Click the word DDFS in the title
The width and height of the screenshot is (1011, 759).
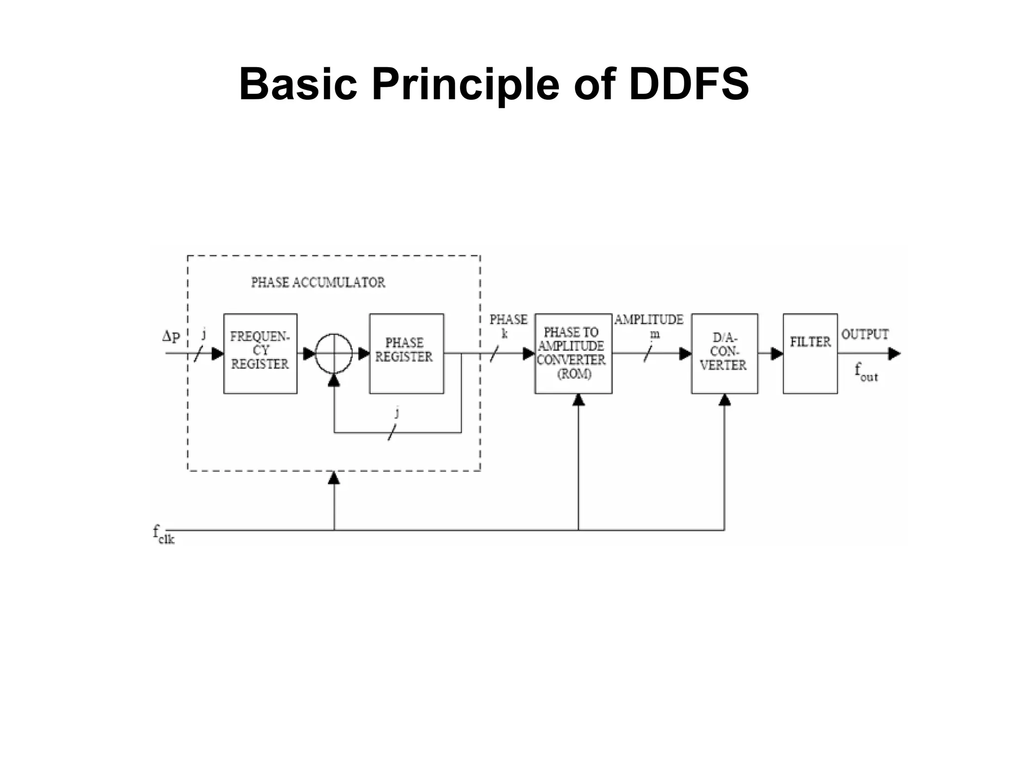[689, 84]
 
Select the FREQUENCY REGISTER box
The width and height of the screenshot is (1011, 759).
[260, 353]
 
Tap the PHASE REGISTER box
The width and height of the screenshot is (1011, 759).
[406, 353]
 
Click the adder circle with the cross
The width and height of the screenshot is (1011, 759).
[334, 353]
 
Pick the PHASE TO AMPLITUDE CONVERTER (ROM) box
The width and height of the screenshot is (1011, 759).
[573, 353]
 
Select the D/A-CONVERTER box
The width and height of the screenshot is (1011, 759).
[724, 353]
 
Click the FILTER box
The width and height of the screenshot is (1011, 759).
[810, 353]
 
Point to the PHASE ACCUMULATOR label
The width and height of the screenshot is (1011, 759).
[318, 282]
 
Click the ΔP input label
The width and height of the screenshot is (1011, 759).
[171, 337]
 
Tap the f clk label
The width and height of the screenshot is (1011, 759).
[163, 535]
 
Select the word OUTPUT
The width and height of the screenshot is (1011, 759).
[865, 335]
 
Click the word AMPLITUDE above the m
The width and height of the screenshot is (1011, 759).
[649, 320]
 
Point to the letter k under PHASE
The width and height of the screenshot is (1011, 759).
[505, 334]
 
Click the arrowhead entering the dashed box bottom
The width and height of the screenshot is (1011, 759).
[334, 478]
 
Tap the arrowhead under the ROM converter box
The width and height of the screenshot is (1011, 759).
[579, 400]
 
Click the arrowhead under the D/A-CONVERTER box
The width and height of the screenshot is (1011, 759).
[724, 400]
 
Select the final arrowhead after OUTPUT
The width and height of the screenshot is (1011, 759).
[894, 354]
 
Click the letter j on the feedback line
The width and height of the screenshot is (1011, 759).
[396, 413]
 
